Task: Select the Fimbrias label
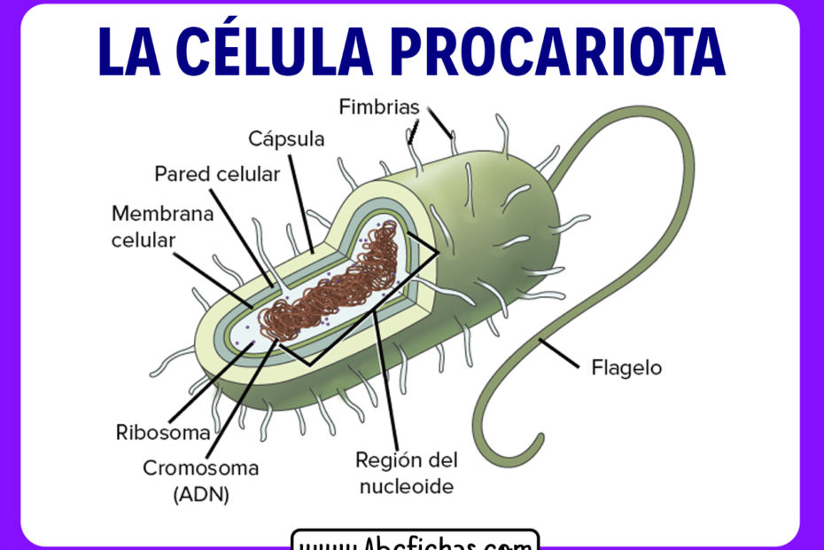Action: tap(378, 107)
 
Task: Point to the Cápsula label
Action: tap(286, 139)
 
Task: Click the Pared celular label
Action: tap(217, 174)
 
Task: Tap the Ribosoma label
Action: tap(163, 433)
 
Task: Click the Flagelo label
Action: tap(626, 366)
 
